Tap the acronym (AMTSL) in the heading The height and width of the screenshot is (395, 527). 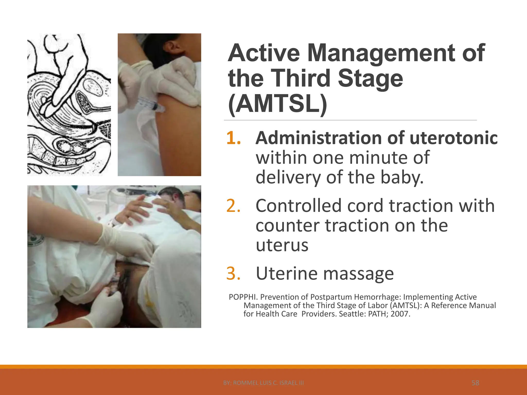277,104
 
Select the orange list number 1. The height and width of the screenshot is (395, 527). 233,138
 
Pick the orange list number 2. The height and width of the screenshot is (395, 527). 233,206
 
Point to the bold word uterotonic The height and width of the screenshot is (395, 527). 453,138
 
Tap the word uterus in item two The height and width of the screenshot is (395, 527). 282,245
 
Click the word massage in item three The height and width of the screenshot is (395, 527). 358,274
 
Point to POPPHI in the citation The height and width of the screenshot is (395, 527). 243,297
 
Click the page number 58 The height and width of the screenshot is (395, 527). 475,383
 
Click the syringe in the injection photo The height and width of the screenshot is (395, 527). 151,105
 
